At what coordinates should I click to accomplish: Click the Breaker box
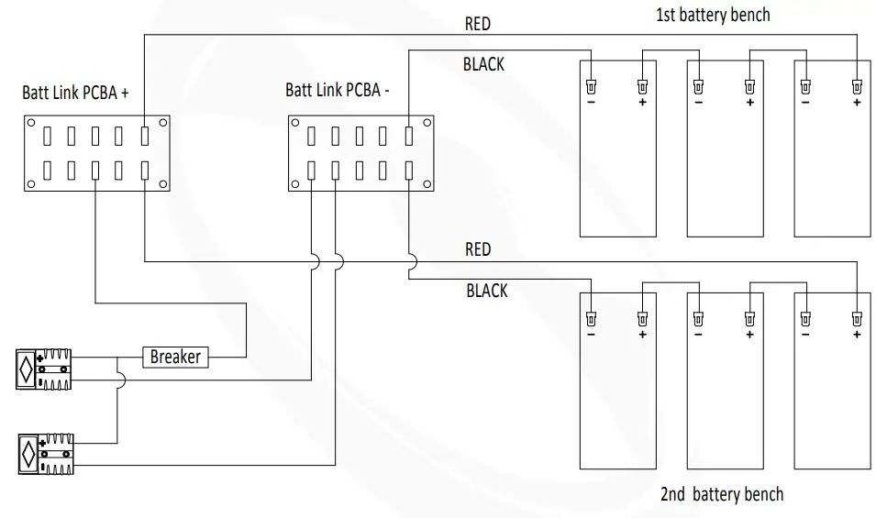coord(175,356)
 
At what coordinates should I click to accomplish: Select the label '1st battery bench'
coord(712,15)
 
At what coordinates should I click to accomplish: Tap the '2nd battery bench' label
coord(721,495)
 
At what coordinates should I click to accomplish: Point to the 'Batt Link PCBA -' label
coord(338,90)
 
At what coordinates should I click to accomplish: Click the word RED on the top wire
coord(478,25)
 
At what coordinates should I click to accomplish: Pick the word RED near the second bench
coord(478,249)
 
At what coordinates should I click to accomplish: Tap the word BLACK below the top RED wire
coord(483,65)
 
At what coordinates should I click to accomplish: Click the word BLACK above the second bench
coord(486,291)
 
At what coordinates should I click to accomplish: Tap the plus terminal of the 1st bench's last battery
coord(857,88)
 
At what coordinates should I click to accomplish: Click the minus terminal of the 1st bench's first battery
coord(592,88)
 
